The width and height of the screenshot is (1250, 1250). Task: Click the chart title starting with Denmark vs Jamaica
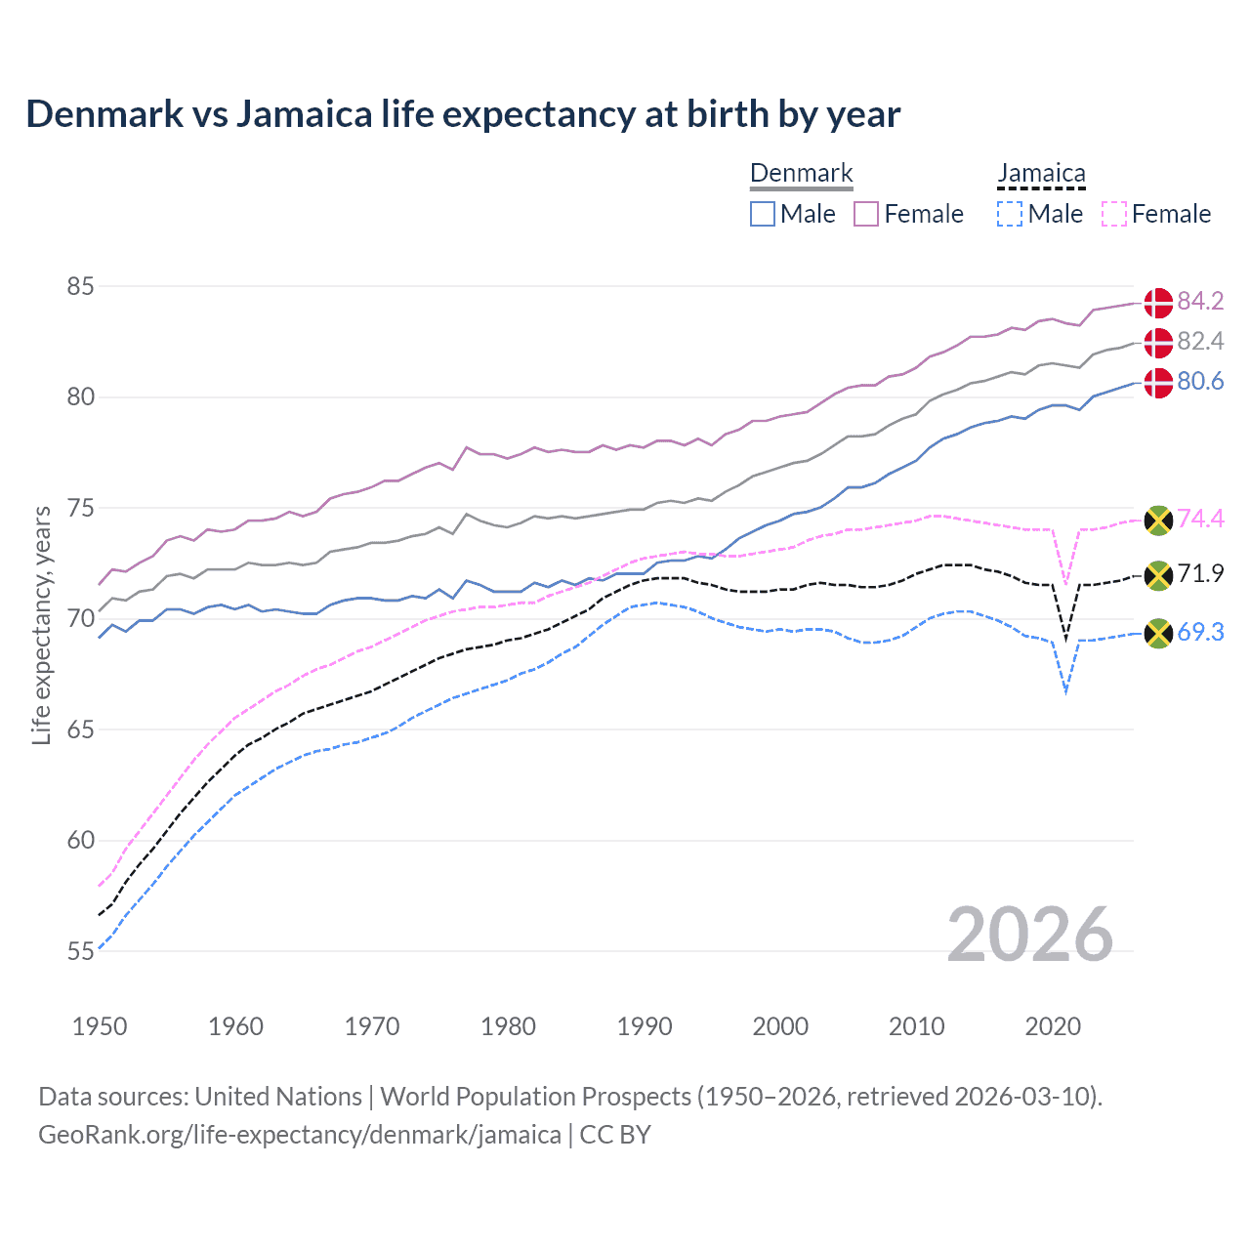[x=463, y=114]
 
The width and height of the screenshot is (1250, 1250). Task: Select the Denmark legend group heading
[x=801, y=174]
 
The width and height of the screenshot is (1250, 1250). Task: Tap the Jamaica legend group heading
[x=1041, y=174]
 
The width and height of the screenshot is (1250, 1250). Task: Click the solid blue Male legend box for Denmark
[x=763, y=214]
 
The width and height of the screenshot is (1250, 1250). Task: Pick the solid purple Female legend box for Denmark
[x=866, y=214]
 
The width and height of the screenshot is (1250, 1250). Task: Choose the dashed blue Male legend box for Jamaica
[x=1010, y=214]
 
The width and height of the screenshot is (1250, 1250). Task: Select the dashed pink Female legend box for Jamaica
[x=1114, y=214]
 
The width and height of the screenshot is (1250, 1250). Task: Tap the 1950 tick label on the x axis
[x=100, y=1026]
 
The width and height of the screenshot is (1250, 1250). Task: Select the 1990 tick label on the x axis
[x=645, y=1026]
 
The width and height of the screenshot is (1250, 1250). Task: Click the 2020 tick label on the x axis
[x=1053, y=1026]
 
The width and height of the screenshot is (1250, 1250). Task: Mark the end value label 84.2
[x=1200, y=301]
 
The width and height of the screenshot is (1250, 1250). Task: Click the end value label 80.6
[x=1200, y=381]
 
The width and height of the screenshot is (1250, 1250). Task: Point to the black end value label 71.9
[x=1200, y=573]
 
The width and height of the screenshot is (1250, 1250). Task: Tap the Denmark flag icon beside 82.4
[x=1158, y=343]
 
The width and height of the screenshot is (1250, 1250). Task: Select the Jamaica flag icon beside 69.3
[x=1158, y=633]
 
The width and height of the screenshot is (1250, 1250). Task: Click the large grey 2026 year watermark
[x=1030, y=935]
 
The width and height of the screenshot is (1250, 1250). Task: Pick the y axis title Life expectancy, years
[x=42, y=625]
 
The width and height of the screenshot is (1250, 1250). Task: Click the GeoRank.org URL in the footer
[x=300, y=1135]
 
